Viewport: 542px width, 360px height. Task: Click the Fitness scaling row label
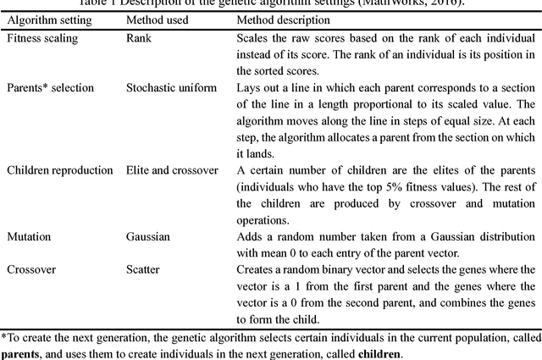pos(41,38)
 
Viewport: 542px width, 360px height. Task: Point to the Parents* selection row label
pos(50,87)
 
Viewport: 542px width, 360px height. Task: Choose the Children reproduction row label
pos(60,169)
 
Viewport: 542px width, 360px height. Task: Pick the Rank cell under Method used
pos(140,38)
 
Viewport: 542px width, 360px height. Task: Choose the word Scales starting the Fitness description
pos(253,38)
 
